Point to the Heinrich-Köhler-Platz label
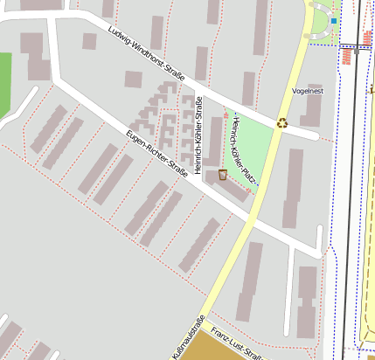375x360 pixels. pos(241,151)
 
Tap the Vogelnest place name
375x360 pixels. pos(307,91)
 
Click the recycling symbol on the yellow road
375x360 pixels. pos(282,123)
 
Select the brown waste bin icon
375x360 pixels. pos(223,175)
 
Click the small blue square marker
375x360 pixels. pos(334,20)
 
